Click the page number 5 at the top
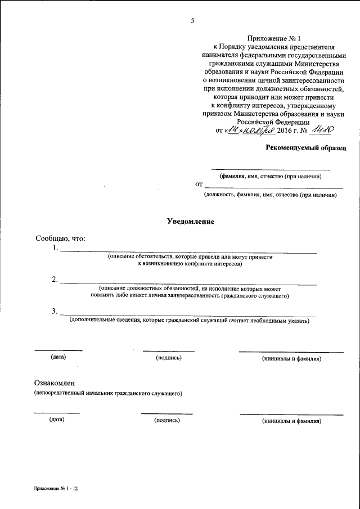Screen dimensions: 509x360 [x=192, y=21]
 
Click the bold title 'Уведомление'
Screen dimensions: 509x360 [x=191, y=222]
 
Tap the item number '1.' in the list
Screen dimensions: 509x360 [x=54, y=248]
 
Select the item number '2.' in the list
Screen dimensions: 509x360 [x=54, y=280]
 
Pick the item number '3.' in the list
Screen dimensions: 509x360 [x=54, y=311]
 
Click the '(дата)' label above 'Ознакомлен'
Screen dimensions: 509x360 [x=58, y=357]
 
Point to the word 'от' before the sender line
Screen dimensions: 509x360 [x=199, y=184]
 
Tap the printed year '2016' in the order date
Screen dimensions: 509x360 [x=286, y=130]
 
